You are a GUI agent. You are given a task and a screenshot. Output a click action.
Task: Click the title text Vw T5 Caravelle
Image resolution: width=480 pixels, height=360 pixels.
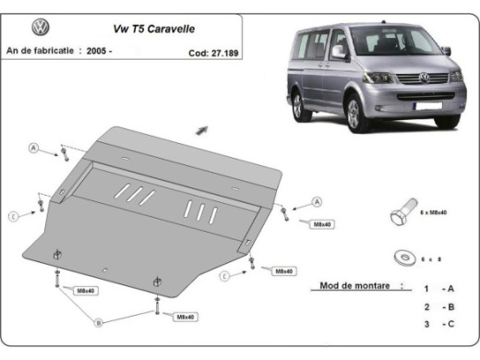click(141, 30)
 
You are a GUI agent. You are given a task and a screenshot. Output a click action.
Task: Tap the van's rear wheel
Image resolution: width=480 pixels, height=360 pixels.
click(299, 104)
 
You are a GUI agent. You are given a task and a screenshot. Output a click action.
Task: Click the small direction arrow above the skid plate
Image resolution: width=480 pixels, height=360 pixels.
click(201, 131)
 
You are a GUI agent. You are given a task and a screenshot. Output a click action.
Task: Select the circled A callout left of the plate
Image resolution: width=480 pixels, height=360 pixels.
click(33, 149)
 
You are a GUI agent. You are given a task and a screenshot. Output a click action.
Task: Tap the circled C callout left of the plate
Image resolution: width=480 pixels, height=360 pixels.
click(14, 216)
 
